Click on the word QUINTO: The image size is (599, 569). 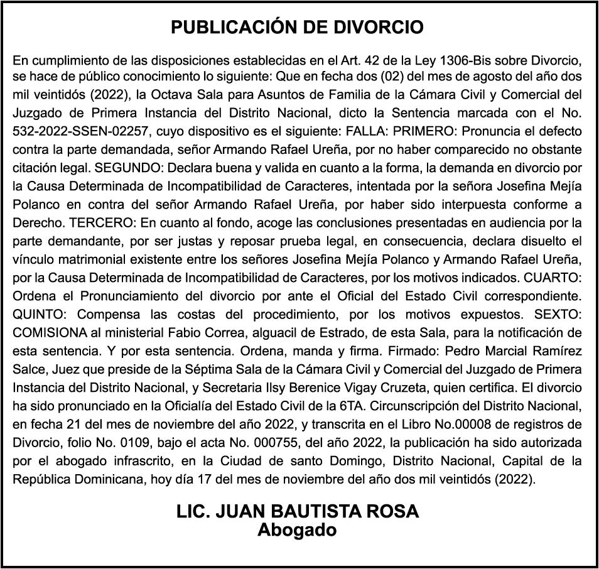39,313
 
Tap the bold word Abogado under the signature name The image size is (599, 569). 297,529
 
